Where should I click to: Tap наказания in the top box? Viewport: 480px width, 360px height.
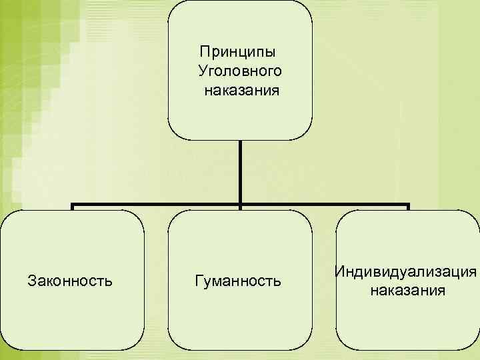click(241, 89)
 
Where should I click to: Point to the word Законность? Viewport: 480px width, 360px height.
click(70, 281)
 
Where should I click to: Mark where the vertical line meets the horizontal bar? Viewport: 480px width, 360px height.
click(240, 204)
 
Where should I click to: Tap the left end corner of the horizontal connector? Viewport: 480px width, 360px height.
click(72, 204)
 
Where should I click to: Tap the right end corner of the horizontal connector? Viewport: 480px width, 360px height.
click(408, 204)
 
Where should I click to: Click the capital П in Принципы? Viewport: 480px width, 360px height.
click(204, 52)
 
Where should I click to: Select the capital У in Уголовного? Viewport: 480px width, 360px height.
click(202, 71)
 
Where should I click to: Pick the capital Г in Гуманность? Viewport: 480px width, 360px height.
click(198, 281)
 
